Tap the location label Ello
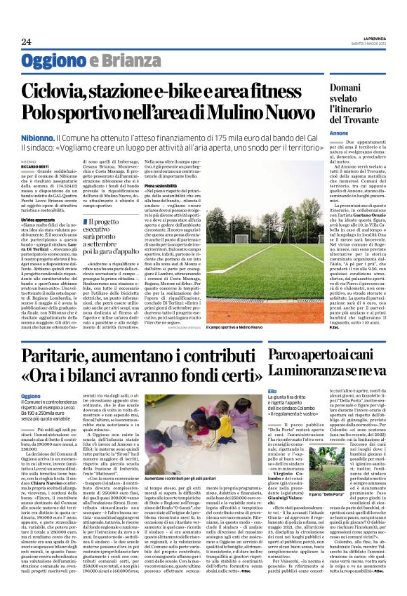(272, 390)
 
